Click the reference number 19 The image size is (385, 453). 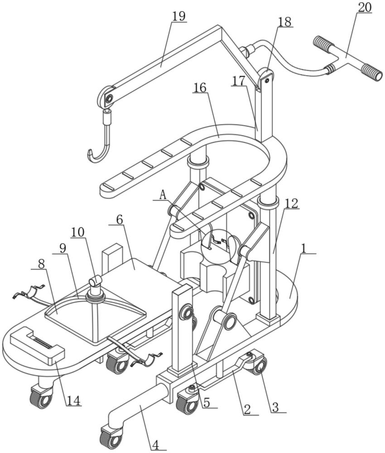point(179,16)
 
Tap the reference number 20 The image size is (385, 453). point(365,8)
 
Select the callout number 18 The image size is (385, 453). point(285,22)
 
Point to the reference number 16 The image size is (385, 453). point(200,88)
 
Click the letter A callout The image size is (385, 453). point(163,196)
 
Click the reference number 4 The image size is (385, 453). point(156,445)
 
